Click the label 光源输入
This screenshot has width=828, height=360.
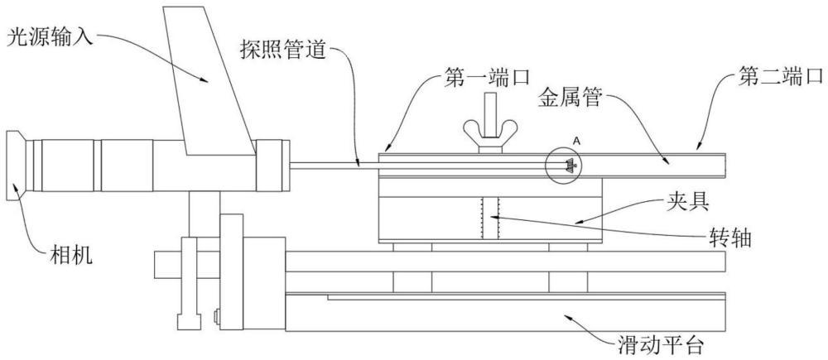click(50, 39)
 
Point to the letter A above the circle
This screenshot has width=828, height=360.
click(578, 141)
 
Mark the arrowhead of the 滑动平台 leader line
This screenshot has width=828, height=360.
click(568, 317)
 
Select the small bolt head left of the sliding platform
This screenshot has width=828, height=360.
click(216, 317)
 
